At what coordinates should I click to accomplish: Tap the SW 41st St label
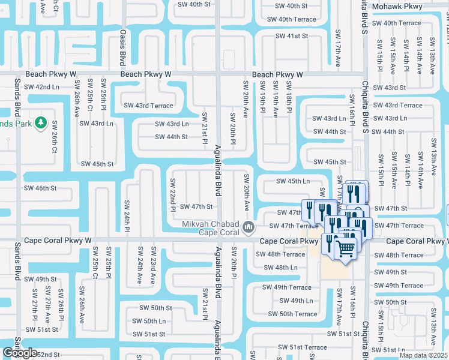292,36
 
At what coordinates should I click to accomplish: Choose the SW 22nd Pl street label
172,195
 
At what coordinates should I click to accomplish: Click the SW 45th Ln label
293,181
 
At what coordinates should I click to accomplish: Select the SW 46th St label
41,188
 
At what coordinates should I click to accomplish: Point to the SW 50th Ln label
150,321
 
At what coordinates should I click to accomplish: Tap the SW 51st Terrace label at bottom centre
308,347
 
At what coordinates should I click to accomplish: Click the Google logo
20,353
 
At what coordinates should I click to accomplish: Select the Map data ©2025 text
423,355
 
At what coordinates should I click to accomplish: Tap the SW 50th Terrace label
292,314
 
